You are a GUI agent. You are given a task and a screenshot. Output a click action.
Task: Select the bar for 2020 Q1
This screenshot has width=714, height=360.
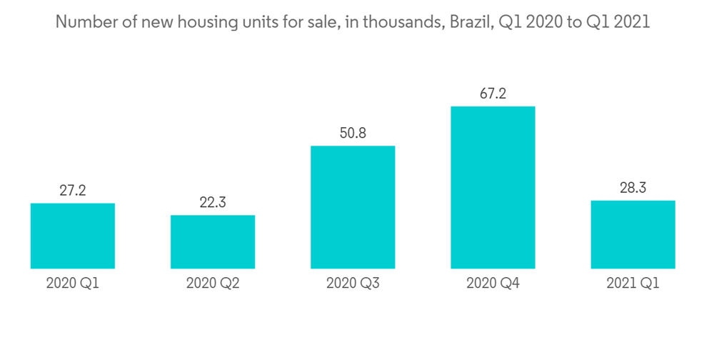coord(73,236)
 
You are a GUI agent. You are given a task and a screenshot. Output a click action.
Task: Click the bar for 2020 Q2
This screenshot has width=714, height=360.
coord(213,241)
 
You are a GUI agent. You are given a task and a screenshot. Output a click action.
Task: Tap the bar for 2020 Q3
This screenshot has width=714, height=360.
coord(353,207)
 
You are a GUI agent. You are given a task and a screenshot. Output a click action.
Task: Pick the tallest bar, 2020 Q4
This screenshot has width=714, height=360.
coord(493,187)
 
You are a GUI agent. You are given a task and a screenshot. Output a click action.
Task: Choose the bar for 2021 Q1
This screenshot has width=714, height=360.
coord(633,234)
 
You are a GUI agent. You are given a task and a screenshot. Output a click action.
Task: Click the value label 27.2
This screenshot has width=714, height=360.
coord(73,191)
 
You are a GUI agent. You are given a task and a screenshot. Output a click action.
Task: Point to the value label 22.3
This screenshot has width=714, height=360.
coord(213,202)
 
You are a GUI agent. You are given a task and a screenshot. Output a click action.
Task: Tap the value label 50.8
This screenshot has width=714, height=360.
coord(353,133)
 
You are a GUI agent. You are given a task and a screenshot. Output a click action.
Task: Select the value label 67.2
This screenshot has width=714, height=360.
coord(493,93)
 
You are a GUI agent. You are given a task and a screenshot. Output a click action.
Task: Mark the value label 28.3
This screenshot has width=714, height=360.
coord(633,188)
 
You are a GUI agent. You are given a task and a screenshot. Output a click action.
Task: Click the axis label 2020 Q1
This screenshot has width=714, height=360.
coord(73,284)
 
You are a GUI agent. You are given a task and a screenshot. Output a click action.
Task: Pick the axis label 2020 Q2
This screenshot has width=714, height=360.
coord(213,284)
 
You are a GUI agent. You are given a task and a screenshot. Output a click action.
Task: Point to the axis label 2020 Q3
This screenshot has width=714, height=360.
coord(353,284)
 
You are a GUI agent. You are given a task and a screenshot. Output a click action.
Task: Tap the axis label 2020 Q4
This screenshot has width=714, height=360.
coord(493,284)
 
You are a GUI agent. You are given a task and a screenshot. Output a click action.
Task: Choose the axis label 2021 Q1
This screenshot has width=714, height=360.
coord(633,284)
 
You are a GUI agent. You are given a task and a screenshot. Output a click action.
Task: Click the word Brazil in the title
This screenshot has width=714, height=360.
coord(468,22)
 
